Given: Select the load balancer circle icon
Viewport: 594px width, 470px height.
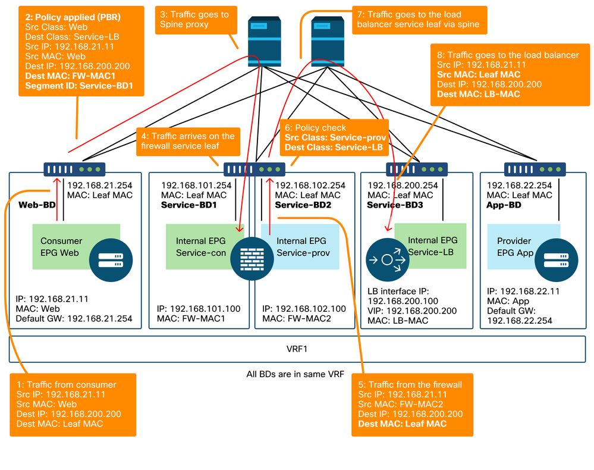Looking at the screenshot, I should tap(386, 259).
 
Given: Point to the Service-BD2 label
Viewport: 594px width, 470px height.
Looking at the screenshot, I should tap(303, 205).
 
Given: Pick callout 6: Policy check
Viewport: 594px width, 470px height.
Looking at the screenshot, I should tap(332, 137).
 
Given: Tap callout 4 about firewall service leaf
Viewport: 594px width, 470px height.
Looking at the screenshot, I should tap(188, 142).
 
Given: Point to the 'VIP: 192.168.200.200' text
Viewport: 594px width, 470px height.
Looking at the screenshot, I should tap(413, 311).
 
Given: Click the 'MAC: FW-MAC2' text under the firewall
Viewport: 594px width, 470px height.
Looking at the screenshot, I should tap(297, 319).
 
